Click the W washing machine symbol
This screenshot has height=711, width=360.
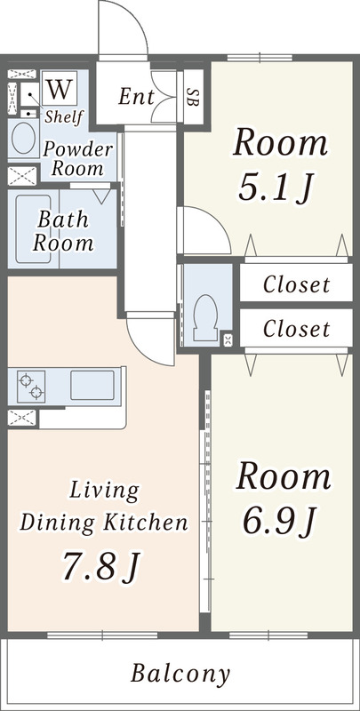(60, 88)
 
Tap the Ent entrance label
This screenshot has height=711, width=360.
(137, 97)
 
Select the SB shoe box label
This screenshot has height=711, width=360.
(193, 96)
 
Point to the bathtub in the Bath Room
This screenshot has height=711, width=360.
(33, 229)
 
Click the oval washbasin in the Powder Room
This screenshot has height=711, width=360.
(24, 138)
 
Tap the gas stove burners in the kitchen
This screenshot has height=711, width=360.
(31, 386)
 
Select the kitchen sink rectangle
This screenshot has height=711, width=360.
(92, 385)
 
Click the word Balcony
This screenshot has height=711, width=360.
(180, 674)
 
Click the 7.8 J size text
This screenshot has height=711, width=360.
(101, 565)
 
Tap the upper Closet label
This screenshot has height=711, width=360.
(297, 284)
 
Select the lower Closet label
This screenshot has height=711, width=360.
(297, 329)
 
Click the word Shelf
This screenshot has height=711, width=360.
(64, 116)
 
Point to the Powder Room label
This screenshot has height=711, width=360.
(77, 159)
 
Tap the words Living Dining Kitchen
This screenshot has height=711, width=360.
(104, 507)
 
